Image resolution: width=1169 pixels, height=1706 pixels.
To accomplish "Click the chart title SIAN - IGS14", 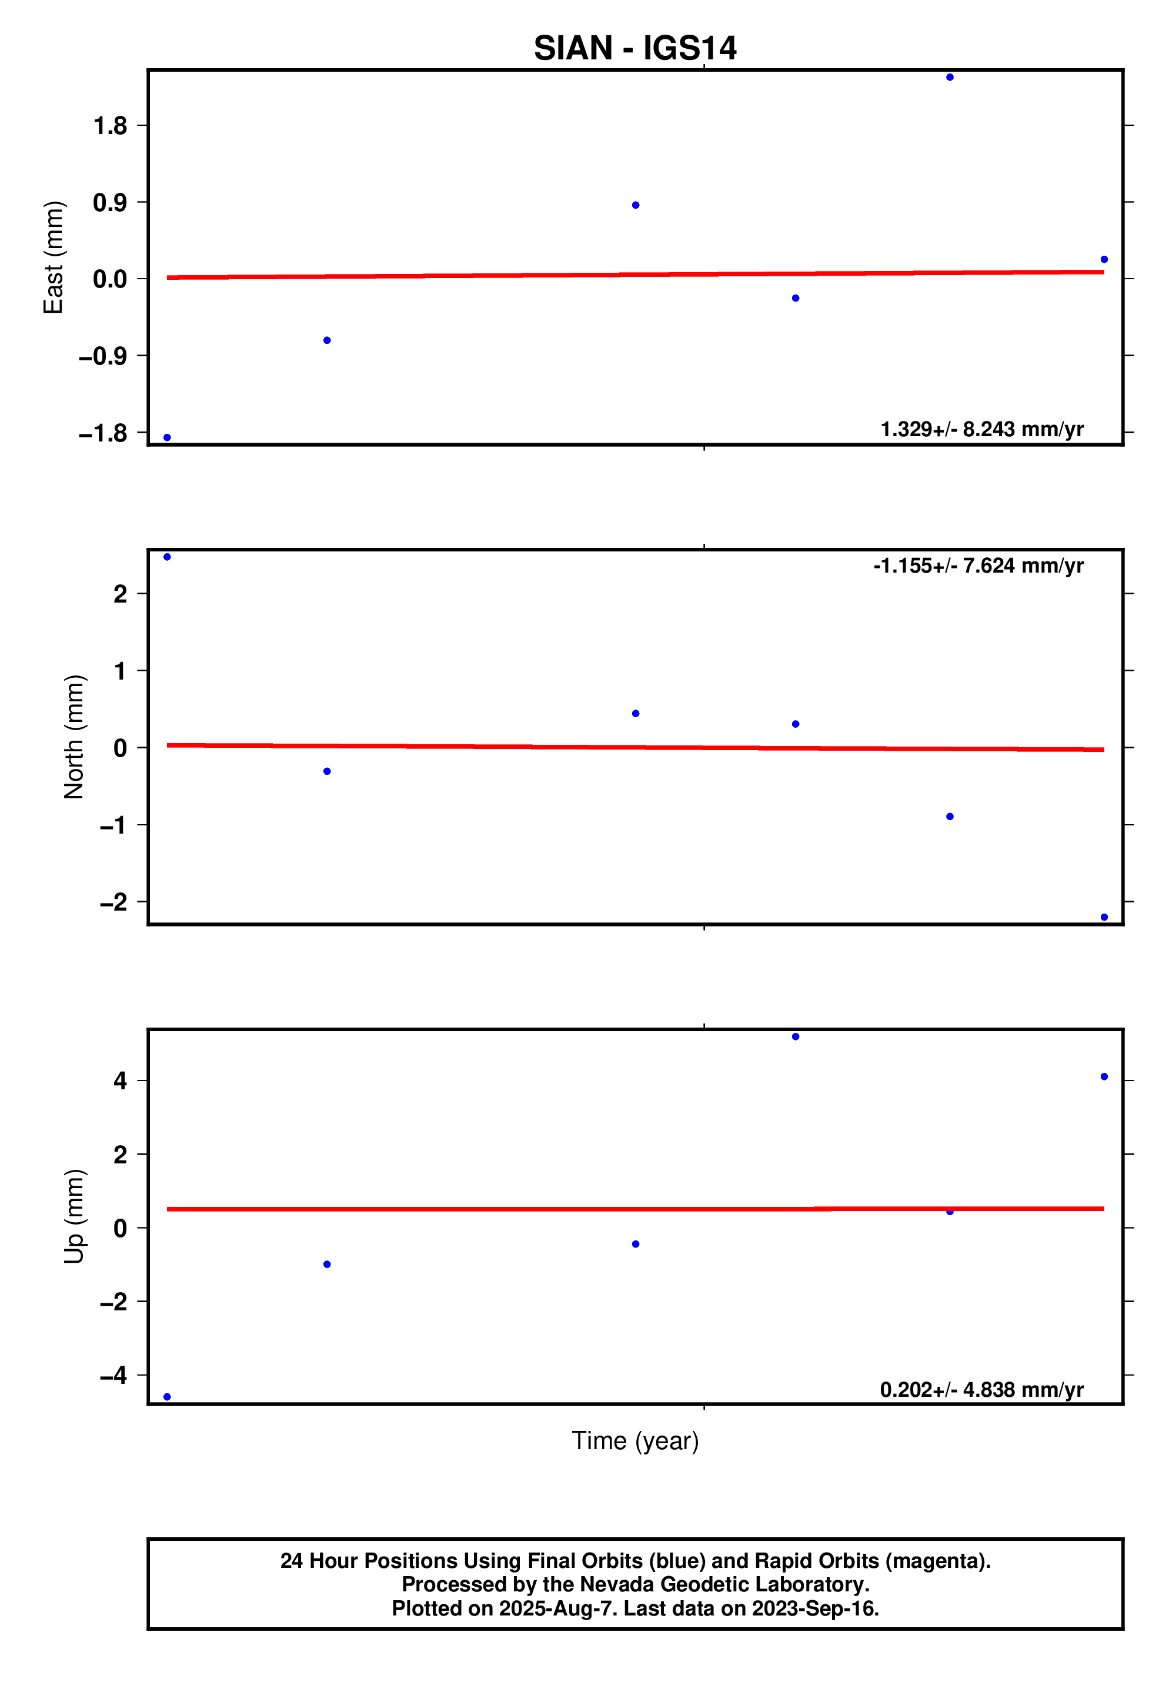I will click(634, 48).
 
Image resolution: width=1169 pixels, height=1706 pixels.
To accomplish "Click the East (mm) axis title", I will click(54, 257).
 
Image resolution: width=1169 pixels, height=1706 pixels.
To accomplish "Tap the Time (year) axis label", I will click(634, 1441).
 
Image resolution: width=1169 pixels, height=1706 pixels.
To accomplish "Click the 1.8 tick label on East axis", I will click(110, 126).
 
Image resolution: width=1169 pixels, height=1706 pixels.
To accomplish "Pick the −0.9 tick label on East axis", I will click(103, 357).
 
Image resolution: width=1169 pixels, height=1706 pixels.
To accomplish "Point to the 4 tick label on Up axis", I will click(120, 1081).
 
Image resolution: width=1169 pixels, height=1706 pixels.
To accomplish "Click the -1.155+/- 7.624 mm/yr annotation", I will click(978, 566).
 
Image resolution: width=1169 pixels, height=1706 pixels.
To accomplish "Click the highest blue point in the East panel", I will click(950, 77).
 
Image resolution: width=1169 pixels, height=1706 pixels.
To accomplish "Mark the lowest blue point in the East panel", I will click(168, 437).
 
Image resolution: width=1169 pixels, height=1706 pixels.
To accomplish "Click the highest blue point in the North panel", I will click(168, 557).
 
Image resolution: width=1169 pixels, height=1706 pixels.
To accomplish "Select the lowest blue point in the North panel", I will click(1104, 917).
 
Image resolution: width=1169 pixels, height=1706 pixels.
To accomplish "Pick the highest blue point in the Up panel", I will click(795, 1036).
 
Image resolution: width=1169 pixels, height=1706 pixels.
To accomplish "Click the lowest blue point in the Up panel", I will click(168, 1397).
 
